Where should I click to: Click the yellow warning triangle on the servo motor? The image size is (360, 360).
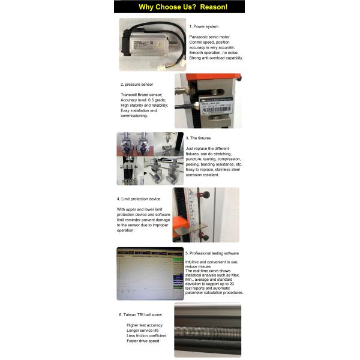(x=158, y=45)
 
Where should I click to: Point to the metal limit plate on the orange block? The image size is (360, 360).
(x=194, y=227)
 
